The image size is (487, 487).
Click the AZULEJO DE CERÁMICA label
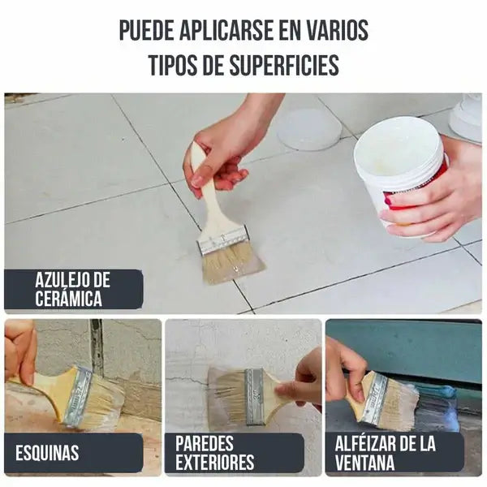[74, 290]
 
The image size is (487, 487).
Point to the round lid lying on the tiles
[308, 129]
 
